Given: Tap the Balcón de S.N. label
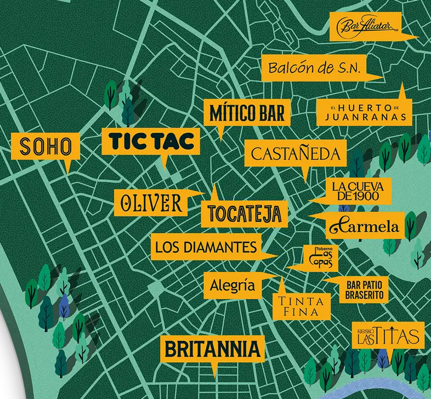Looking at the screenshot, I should pos(313,69).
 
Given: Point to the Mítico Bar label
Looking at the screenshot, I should pos(247,113).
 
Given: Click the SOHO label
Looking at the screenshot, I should pos(46,146).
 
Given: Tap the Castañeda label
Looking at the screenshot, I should pos(296,154).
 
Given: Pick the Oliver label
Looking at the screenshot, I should pos(151,202).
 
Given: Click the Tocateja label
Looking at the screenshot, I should pos(244,213).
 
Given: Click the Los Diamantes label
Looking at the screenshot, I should pos(206,247).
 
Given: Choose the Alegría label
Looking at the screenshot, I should pos(233,286).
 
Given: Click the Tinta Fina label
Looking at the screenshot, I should pos(302,306).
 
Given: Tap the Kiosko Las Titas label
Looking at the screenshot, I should pos(388,335).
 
